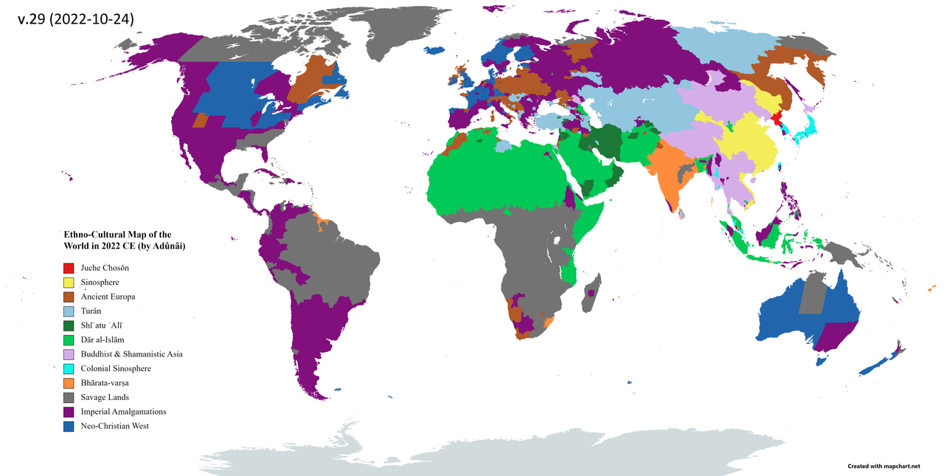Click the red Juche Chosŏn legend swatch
tap(69, 268)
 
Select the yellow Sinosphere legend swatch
tap(69, 282)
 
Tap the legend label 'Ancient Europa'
tap(108, 297)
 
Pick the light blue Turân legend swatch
tap(69, 311)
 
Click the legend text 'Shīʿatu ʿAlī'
tap(103, 325)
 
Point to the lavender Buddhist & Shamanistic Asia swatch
tap(69, 354)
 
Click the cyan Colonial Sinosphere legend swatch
tap(69, 368)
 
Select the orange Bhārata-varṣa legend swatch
tap(69, 383)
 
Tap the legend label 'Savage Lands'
tap(104, 397)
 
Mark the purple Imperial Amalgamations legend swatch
tap(69, 412)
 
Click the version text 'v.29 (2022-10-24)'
tap(75, 20)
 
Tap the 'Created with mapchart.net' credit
tap(884, 466)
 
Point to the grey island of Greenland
tap(402, 33)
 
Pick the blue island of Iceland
tap(434, 51)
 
